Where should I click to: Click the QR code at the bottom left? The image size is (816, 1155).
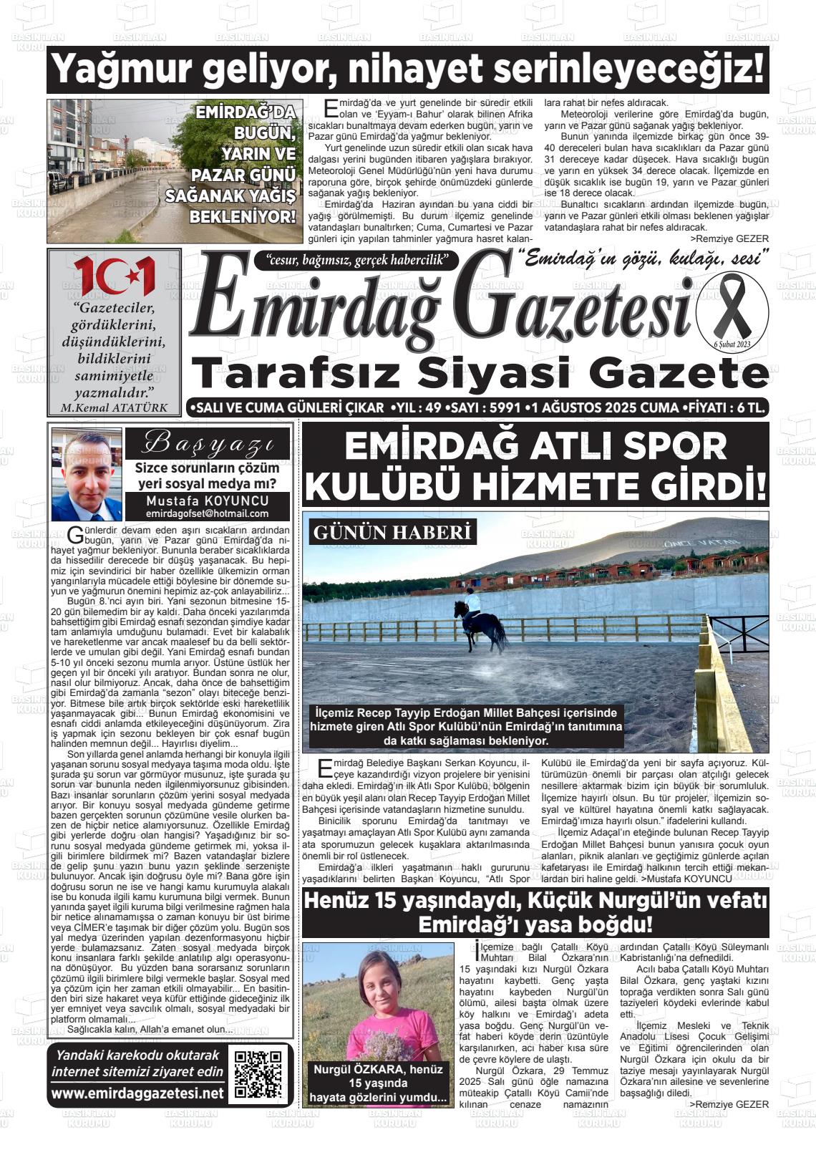tap(259, 1074)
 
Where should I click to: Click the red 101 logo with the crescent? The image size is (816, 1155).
tap(115, 276)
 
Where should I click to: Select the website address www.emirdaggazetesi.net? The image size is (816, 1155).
tap(137, 1093)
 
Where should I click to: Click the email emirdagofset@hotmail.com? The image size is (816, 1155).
tap(207, 513)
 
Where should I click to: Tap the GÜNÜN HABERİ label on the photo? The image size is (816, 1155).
tap(392, 533)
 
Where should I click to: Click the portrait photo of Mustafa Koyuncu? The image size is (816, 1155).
tap(87, 477)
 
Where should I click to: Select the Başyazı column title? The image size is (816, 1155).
tap(208, 444)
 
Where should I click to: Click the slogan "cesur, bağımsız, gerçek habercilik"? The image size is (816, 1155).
tap(356, 260)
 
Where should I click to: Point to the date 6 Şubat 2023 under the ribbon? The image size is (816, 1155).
tap(732, 345)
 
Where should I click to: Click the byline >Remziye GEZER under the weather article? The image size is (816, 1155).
tap(729, 238)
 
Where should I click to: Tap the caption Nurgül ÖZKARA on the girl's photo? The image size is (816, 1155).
tap(378, 1069)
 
